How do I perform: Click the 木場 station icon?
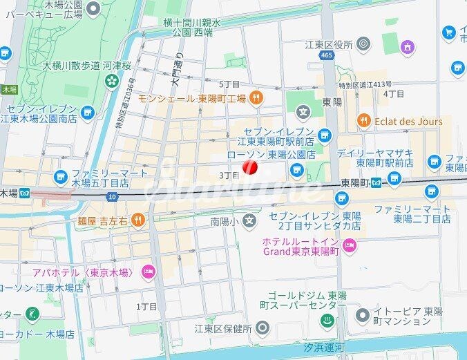coord(25,192)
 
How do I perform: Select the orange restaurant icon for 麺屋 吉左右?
coord(138,220)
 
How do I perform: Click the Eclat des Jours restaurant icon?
coord(363,122)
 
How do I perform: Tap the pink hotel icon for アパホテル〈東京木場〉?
coord(147,270)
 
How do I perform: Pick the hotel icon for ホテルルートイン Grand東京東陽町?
coord(350,244)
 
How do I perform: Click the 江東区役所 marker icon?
coord(363,45)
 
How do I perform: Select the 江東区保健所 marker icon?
coord(262,327)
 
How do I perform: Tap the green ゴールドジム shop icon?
coord(325,320)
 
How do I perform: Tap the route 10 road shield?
coord(113,197)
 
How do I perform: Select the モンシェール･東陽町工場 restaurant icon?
coord(256,98)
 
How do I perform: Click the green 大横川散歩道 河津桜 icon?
coord(111,82)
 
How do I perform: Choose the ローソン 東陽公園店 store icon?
coord(298,169)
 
